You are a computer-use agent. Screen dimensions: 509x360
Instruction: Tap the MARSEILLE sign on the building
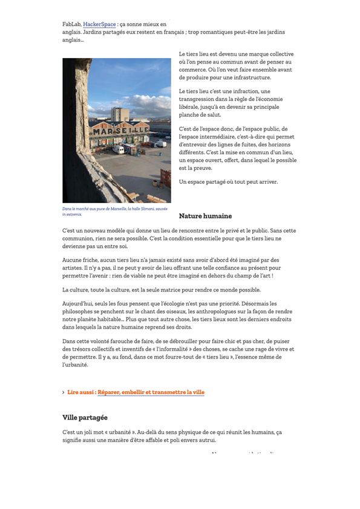click(x=120, y=131)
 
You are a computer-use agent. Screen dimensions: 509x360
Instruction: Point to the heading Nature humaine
click(x=205, y=216)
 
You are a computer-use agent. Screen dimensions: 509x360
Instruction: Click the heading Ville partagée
click(x=85, y=418)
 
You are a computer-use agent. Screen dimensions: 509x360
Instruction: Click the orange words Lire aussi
click(x=80, y=392)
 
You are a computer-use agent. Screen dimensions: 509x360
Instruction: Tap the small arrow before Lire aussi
click(x=64, y=392)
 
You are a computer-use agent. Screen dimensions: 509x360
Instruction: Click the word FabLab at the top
click(x=71, y=24)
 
